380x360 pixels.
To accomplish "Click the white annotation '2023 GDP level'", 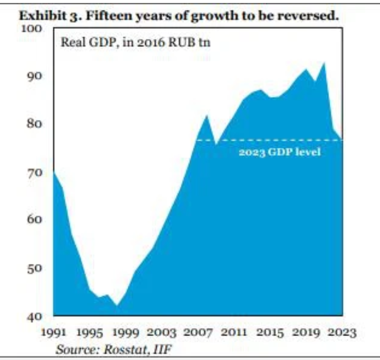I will [x=280, y=152].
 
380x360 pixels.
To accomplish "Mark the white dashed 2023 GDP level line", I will [x=269, y=140].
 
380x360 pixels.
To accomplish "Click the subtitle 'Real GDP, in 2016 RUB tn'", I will [x=135, y=42].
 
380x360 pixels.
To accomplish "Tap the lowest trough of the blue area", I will [x=117, y=305].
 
